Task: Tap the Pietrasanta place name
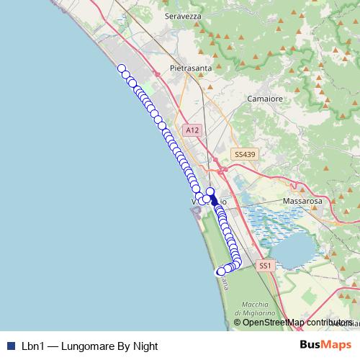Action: pos(190,68)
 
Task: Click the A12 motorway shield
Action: pos(191,130)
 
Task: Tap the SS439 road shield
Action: pos(245,154)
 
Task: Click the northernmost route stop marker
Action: pos(122,68)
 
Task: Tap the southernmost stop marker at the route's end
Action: pos(221,271)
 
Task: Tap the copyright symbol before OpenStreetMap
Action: pos(238,323)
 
